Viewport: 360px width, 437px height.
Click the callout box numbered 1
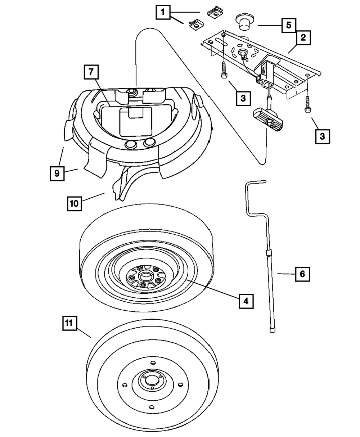click(x=163, y=12)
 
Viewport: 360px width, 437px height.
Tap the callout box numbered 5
click(x=289, y=25)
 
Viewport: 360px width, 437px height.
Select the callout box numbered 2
click(x=303, y=38)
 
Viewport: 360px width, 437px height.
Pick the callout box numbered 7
click(x=91, y=72)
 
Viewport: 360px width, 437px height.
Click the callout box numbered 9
click(x=57, y=173)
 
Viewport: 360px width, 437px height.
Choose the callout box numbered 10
click(x=74, y=203)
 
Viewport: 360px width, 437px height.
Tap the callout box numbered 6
click(x=303, y=274)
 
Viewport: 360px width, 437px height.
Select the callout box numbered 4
click(x=246, y=301)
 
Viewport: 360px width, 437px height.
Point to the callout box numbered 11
click(x=70, y=323)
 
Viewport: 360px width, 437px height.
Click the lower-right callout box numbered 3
click(x=323, y=137)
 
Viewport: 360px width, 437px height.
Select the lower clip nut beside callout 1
click(x=197, y=25)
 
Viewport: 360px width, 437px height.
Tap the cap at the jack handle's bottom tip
click(x=273, y=330)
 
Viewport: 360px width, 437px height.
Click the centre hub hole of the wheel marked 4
click(x=146, y=278)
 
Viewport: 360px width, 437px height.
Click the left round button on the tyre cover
click(x=131, y=144)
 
